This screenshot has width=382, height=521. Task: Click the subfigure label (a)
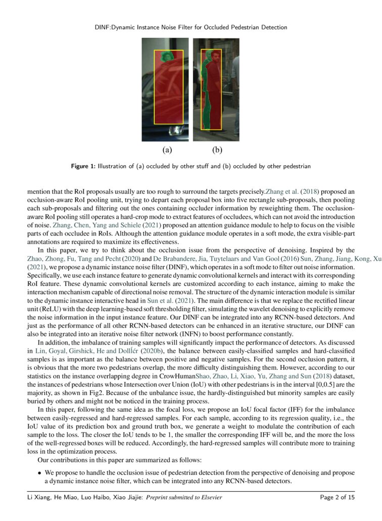point(167,150)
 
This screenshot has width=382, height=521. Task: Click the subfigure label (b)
point(217,150)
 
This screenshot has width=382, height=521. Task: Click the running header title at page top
point(190,27)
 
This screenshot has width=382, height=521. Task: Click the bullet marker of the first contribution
point(39,473)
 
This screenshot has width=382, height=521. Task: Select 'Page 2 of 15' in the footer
point(338,498)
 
